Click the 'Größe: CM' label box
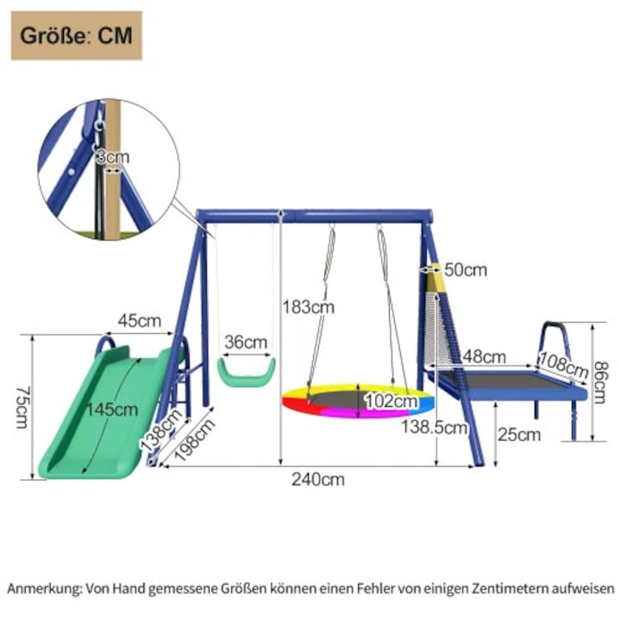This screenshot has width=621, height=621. [x=77, y=35]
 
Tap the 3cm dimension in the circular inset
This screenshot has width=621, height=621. [x=112, y=157]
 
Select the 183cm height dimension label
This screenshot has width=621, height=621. [x=309, y=307]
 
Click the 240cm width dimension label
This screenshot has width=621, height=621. [x=318, y=480]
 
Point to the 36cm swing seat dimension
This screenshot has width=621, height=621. [x=246, y=342]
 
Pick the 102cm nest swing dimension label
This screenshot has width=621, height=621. [x=391, y=401]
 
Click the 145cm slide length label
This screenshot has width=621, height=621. [x=112, y=410]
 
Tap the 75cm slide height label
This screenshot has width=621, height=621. [x=22, y=407]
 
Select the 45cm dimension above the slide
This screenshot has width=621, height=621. [x=140, y=321]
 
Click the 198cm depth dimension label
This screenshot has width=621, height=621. [x=194, y=440]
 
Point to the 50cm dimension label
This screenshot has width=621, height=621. [x=466, y=270]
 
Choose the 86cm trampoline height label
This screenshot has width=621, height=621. [x=600, y=383]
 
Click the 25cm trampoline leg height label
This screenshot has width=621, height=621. [x=519, y=435]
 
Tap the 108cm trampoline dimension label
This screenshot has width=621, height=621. [x=564, y=365]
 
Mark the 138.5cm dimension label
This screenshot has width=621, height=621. [x=435, y=428]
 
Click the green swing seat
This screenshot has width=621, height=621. [x=247, y=373]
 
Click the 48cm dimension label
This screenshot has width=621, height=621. [x=485, y=357]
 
